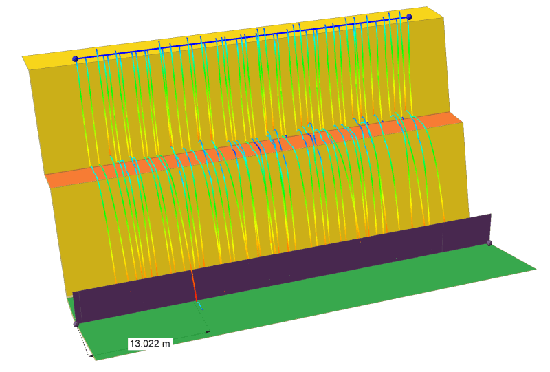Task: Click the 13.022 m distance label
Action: (x=150, y=343)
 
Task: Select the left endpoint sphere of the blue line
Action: (x=75, y=59)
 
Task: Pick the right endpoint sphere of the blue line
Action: (x=409, y=17)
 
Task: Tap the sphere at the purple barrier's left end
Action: (x=76, y=324)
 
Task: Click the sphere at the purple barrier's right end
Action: (x=489, y=243)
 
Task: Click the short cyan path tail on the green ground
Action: (x=199, y=305)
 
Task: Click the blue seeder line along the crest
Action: (x=242, y=38)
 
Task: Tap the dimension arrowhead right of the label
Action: (x=208, y=332)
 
